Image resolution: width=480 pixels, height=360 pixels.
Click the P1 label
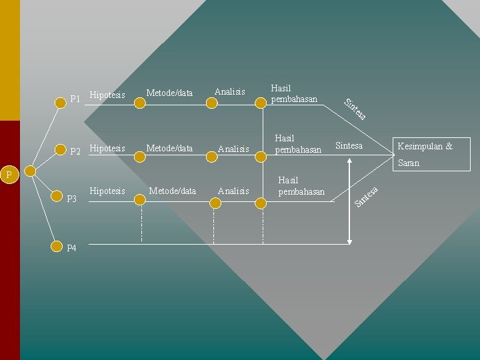[75, 99]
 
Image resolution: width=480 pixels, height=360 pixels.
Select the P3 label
[73, 199]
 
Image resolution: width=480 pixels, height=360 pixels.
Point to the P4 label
[72, 248]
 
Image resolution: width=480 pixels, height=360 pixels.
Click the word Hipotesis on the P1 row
[107, 95]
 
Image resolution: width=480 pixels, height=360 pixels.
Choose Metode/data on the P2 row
[169, 148]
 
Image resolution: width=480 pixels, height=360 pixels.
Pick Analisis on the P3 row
[233, 191]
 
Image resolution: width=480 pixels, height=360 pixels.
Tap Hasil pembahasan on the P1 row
[293, 93]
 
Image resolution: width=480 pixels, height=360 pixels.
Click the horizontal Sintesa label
[349, 146]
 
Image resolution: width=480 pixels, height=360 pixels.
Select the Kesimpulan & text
[425, 146]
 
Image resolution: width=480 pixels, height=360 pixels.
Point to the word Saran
[408, 163]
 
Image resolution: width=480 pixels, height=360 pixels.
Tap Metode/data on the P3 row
[173, 191]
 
